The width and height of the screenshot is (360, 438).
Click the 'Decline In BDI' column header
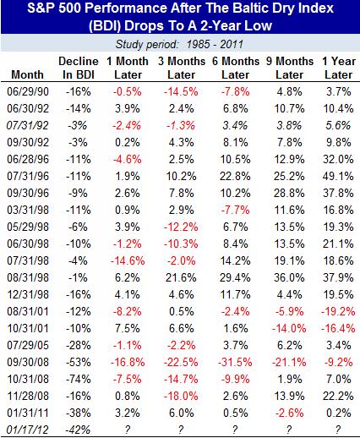(79, 68)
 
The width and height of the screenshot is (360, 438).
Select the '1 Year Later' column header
(339, 68)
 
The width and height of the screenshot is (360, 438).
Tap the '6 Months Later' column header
(236, 68)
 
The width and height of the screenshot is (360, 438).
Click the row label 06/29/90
(28, 92)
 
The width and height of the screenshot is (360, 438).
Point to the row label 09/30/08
(28, 362)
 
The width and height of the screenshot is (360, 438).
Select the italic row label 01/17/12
(27, 430)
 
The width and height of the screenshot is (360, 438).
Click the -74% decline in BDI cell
(79, 379)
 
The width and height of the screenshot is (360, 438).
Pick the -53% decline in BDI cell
(79, 362)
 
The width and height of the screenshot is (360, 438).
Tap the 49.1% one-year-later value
(338, 177)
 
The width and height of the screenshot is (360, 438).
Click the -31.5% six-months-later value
(235, 362)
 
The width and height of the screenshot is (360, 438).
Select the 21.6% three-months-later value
(181, 277)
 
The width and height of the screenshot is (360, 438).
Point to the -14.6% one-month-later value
(128, 260)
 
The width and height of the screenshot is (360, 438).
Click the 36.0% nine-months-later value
(289, 277)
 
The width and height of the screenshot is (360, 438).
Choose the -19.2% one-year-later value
(338, 311)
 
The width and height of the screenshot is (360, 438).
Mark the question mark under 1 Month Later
(128, 430)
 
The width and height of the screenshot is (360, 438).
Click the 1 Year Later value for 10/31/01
(338, 328)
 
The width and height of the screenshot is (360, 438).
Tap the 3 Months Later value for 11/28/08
(181, 396)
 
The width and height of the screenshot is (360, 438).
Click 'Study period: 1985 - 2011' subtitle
(179, 44)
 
